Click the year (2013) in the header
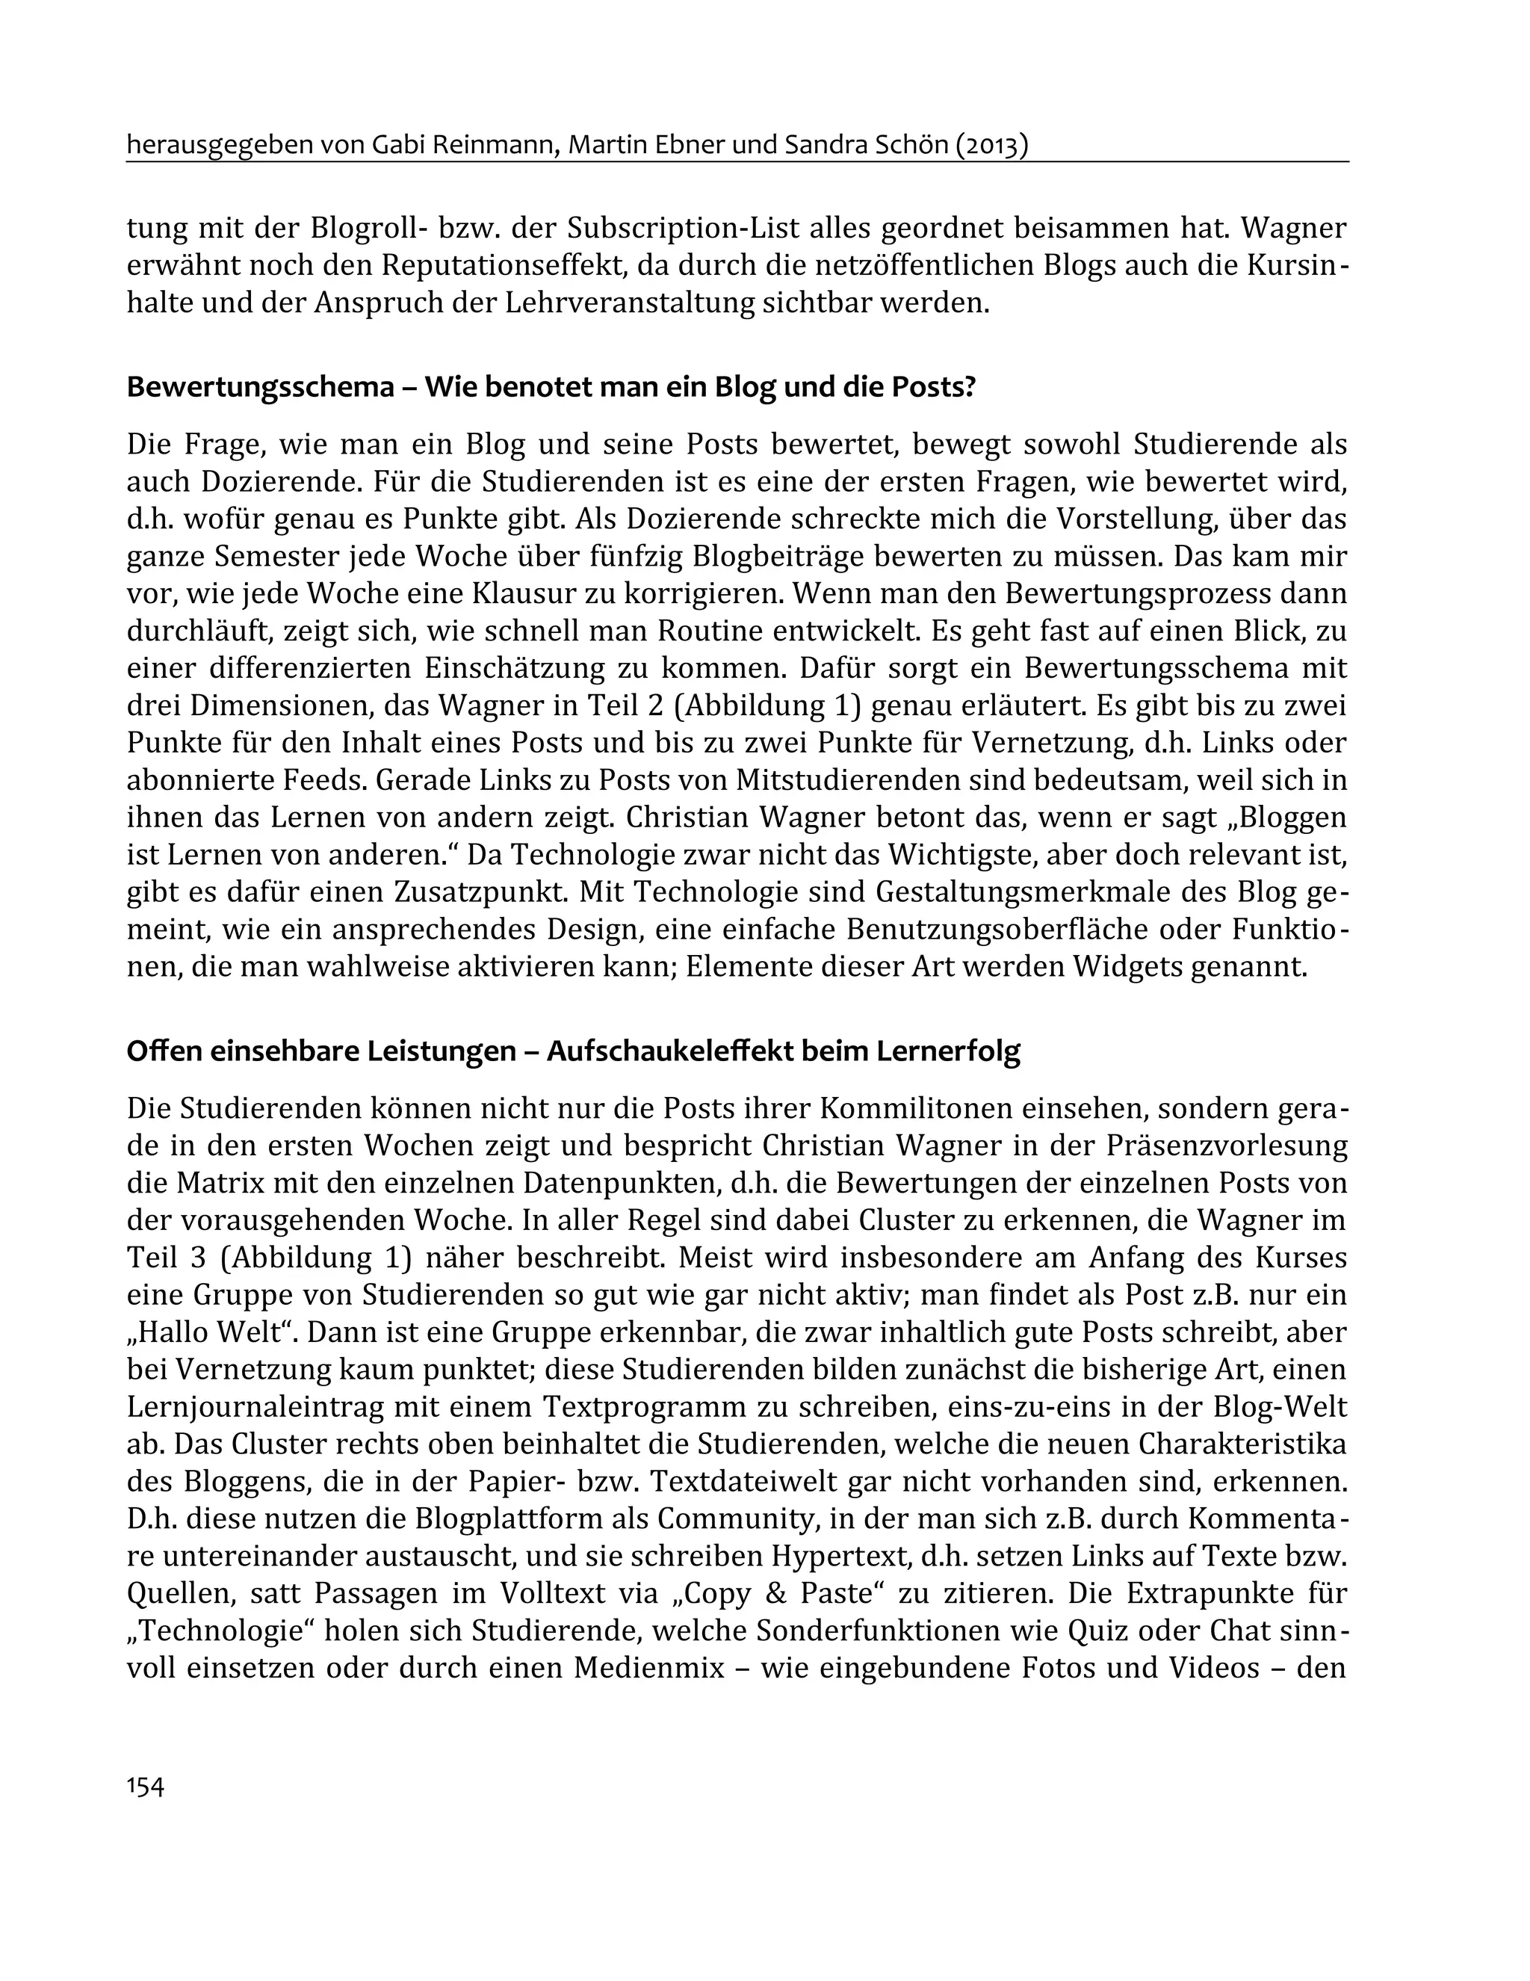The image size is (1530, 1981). [991, 144]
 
